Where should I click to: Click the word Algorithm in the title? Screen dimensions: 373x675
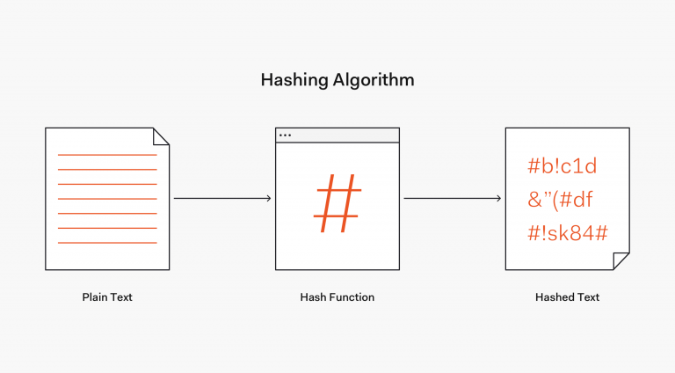pyautogui.click(x=374, y=80)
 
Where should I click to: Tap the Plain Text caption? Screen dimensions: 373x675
pyautogui.click(x=107, y=297)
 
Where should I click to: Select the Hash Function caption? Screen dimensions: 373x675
pyautogui.click(x=337, y=297)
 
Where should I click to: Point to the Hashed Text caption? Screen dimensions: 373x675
pyautogui.click(x=567, y=297)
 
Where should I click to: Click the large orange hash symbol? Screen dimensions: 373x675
pyautogui.click(x=337, y=202)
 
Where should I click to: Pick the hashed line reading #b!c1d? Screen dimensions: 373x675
pyautogui.click(x=562, y=166)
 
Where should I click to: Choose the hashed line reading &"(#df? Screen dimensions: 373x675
pyautogui.click(x=562, y=200)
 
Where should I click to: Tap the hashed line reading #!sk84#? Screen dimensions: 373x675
pyautogui.click(x=568, y=232)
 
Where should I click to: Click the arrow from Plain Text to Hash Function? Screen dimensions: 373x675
pyautogui.click(x=221, y=199)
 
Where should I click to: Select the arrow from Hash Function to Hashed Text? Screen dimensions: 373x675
pyautogui.click(x=452, y=199)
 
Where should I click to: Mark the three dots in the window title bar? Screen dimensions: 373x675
pyautogui.click(x=285, y=135)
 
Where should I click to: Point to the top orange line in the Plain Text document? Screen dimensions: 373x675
pyautogui.click(x=107, y=155)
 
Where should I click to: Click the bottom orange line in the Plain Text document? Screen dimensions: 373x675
pyautogui.click(x=107, y=242)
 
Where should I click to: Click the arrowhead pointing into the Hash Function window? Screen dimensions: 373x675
pyautogui.click(x=269, y=199)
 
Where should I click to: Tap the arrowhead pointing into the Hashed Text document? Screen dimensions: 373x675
pyautogui.click(x=499, y=199)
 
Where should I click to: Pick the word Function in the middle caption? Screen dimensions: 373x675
pyautogui.click(x=352, y=297)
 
